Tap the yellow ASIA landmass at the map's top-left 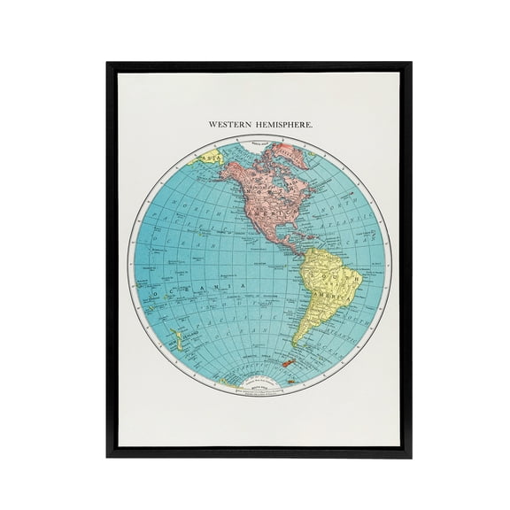pyautogui.click(x=211, y=160)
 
